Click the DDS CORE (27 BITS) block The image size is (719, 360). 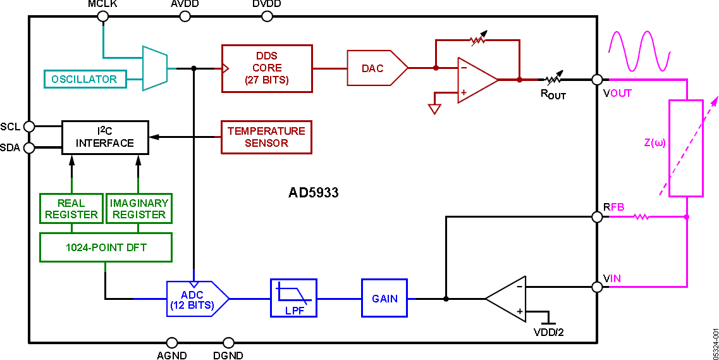pos(267,68)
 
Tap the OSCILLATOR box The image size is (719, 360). pos(84,79)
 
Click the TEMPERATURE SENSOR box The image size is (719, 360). pos(266,137)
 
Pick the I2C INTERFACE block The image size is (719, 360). pos(105,137)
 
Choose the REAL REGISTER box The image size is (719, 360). pos(71,209)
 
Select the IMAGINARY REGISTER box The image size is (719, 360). pos(139,209)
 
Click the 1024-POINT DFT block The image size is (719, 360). pos(106,247)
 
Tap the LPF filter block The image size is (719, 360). pos(293,298)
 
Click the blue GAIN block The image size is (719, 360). pos(384,298)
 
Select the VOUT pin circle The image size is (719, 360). pos(596,80)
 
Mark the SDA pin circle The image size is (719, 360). pos(29,149)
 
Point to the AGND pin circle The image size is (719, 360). pos(171,342)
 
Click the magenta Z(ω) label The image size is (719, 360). pos(654,142)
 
